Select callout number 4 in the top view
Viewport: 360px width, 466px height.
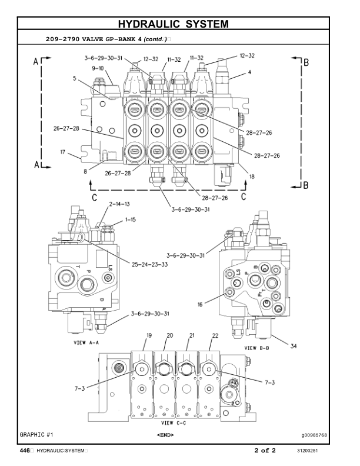pyautogui.click(x=249, y=72)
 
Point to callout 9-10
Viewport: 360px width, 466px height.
pyautogui.click(x=98, y=68)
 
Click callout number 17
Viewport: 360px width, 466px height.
pyautogui.click(x=62, y=152)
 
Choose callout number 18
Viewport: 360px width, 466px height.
pyautogui.click(x=252, y=176)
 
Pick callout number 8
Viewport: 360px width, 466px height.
pyautogui.click(x=85, y=172)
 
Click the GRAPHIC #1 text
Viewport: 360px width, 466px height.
pyautogui.click(x=36, y=434)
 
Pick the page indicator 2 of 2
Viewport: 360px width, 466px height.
pyautogui.click(x=265, y=451)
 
